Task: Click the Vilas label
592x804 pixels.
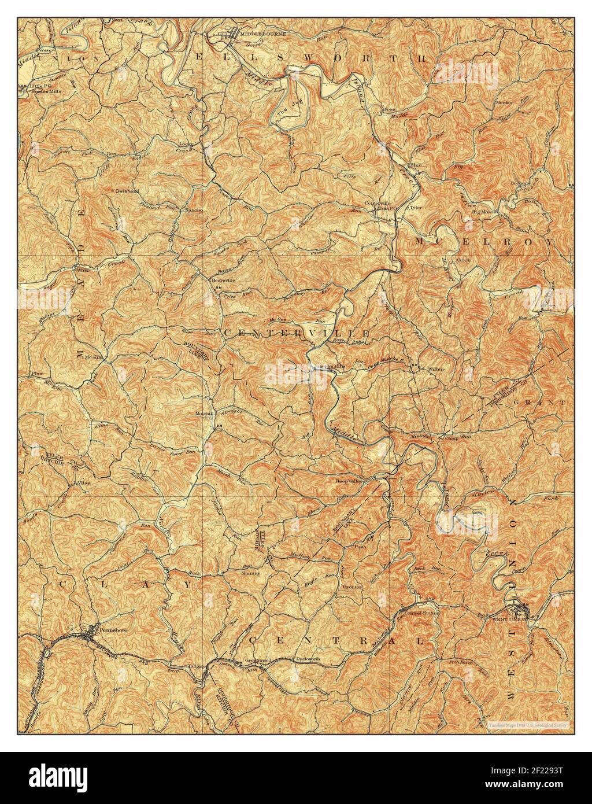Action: coord(86,482)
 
